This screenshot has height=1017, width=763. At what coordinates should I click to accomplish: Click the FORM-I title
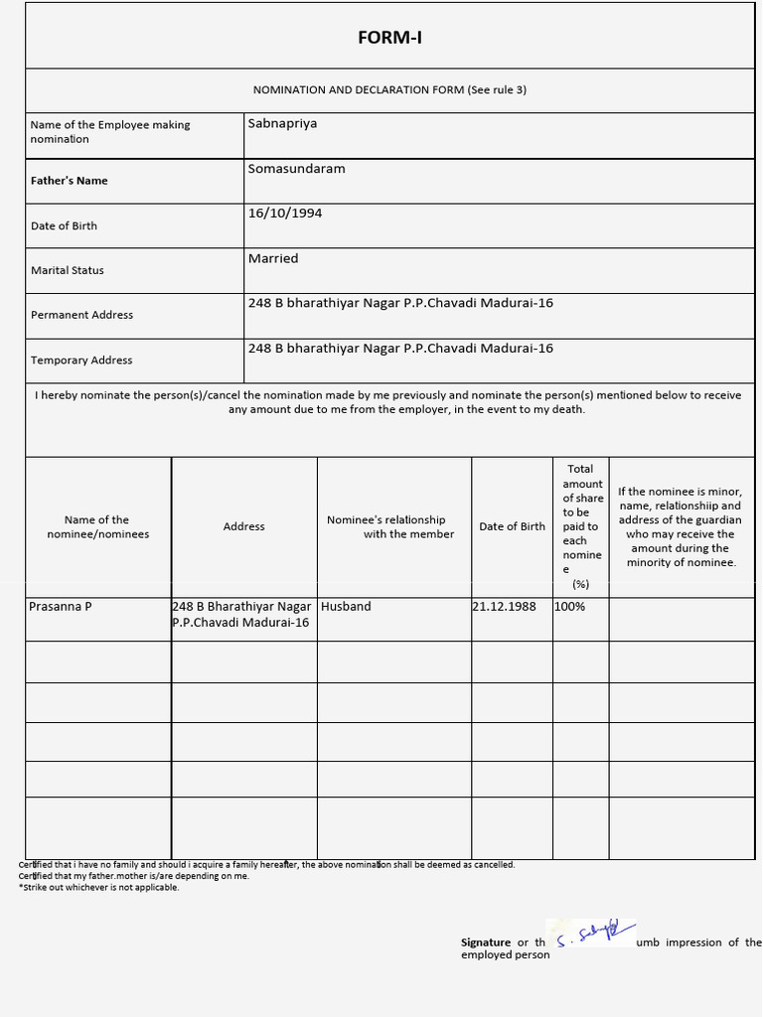pos(389,38)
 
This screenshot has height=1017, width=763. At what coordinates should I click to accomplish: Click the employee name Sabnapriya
pos(282,124)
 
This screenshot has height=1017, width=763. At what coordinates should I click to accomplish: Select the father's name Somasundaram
pos(296,169)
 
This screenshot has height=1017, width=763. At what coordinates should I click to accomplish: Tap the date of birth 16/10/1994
pos(285,214)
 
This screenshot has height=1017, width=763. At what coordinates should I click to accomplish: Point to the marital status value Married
pos(273,258)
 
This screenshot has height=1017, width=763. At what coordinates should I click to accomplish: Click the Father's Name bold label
pos(70,181)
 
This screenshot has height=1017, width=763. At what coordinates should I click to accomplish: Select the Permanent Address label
pos(81,315)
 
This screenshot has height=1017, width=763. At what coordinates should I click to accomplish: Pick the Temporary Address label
pos(81,361)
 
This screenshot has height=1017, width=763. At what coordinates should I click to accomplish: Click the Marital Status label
pos(68,270)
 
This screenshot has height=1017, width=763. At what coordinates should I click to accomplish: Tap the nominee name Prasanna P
pos(61,606)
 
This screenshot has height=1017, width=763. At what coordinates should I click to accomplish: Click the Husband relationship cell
pos(346,606)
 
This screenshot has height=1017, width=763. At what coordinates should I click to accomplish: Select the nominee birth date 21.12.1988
pos(504,606)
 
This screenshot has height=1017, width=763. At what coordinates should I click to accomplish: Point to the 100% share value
pos(570,606)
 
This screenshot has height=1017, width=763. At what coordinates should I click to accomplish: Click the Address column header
pos(244,526)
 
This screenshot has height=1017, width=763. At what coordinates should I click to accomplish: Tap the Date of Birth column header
pos(512,526)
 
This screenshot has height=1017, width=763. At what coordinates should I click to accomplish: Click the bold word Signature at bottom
pos(486,943)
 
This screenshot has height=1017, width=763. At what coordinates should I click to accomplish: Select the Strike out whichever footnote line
pos(99,888)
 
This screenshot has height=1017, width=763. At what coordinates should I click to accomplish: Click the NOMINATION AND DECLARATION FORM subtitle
pos(389,90)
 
